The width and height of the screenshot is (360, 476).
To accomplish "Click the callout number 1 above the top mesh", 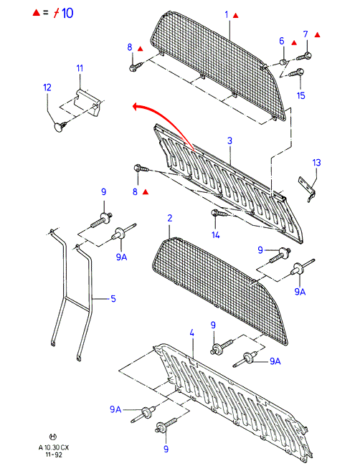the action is click(227, 14).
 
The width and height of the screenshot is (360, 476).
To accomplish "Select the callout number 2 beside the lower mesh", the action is click(169, 218).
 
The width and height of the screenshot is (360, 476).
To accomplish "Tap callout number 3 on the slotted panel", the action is click(229, 141).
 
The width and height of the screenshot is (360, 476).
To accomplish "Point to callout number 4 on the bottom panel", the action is click(191, 333).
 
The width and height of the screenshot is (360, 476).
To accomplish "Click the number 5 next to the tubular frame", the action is click(113, 299).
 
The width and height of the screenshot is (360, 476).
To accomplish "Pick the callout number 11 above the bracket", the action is click(80, 68).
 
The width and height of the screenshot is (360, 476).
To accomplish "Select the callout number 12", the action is click(47, 87).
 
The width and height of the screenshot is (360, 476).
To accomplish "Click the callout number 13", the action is click(316, 163).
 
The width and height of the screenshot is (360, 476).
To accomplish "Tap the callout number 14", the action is click(215, 234).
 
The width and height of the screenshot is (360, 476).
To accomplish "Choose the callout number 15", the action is click(300, 95).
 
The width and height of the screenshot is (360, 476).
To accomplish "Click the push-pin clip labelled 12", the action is click(60, 126).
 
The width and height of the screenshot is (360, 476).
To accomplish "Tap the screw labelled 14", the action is click(219, 214).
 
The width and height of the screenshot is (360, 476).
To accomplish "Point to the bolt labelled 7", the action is click(304, 57).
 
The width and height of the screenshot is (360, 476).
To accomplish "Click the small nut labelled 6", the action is click(283, 62).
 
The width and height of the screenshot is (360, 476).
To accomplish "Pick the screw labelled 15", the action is click(296, 73).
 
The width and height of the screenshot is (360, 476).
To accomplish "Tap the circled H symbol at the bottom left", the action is click(53, 437).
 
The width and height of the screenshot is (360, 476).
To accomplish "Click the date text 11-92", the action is click(54, 454).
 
